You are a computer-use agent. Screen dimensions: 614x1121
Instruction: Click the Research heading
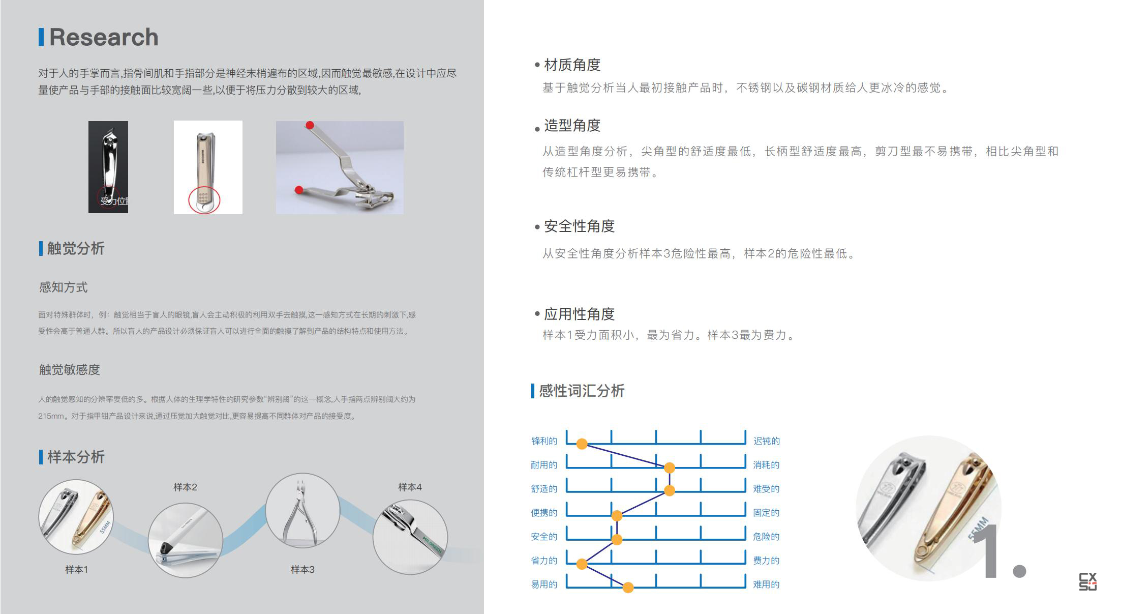pyautogui.click(x=103, y=37)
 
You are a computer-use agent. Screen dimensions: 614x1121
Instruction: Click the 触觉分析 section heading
pyautogui.click(x=75, y=248)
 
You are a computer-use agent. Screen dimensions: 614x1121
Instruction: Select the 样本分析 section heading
pyautogui.click(x=75, y=457)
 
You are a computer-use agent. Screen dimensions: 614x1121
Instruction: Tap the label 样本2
pyautogui.click(x=185, y=487)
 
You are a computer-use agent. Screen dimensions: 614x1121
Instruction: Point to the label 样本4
pyautogui.click(x=410, y=487)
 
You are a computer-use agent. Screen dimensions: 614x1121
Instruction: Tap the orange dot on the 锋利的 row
pyautogui.click(x=582, y=444)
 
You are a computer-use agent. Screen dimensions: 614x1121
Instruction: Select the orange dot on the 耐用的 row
pyautogui.click(x=670, y=467)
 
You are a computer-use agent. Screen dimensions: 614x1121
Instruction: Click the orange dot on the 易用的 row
pyautogui.click(x=628, y=588)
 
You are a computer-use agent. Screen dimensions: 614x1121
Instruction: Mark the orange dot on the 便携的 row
pyautogui.click(x=617, y=516)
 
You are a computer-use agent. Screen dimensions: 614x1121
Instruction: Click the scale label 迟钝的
pyautogui.click(x=766, y=441)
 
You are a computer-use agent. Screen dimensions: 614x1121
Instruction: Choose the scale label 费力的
pyautogui.click(x=766, y=561)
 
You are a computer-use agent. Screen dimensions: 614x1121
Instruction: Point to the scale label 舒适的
pyautogui.click(x=544, y=489)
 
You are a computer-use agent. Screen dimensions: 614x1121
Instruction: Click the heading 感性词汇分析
pyautogui.click(x=582, y=391)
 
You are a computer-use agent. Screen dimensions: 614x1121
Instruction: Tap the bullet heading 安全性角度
pyautogui.click(x=579, y=226)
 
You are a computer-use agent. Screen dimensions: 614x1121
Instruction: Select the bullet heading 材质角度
pyautogui.click(x=572, y=65)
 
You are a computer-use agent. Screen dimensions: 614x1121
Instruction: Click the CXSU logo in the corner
pyautogui.click(x=1087, y=581)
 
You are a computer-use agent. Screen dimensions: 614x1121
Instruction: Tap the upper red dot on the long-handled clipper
pyautogui.click(x=310, y=125)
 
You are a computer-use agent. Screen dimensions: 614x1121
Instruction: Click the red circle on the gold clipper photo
pyautogui.click(x=204, y=200)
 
